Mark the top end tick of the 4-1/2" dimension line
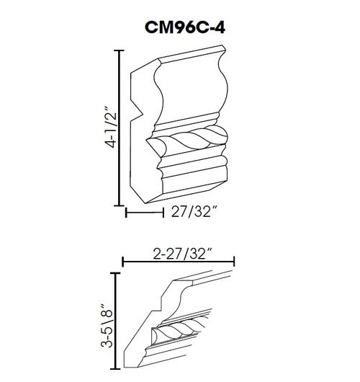click(x=117, y=50)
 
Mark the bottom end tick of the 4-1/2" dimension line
click(x=117, y=205)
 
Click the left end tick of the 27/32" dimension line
click(x=127, y=213)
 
